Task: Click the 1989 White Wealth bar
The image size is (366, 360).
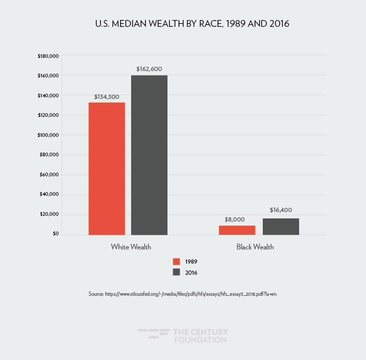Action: click(106, 168)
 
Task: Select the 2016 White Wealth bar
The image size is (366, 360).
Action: click(149, 155)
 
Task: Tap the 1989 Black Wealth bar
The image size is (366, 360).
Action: click(237, 230)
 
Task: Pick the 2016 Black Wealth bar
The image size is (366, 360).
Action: click(281, 226)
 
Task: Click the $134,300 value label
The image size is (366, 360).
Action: click(107, 97)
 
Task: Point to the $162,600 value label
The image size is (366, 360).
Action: click(150, 69)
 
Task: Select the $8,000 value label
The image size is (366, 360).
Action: click(237, 219)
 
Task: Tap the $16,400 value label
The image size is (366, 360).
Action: click(281, 210)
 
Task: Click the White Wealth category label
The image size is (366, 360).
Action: click(128, 247)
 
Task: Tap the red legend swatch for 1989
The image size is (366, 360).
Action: click(177, 262)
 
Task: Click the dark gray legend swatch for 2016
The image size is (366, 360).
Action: click(177, 272)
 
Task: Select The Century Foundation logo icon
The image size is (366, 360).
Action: click(153, 335)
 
